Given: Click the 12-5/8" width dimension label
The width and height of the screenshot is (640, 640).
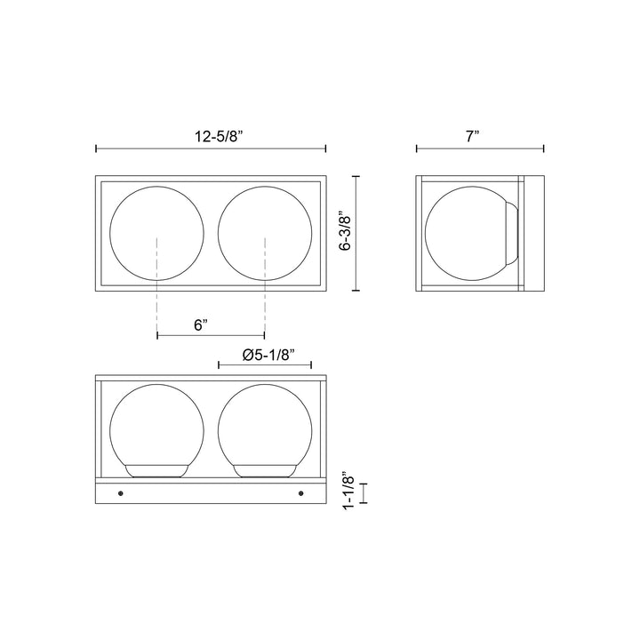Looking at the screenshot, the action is (x=219, y=136).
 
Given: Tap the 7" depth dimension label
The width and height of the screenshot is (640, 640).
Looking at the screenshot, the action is (x=472, y=136).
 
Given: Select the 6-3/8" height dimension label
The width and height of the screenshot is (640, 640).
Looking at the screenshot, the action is (x=346, y=233).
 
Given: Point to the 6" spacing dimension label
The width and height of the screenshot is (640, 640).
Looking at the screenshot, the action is (x=201, y=325).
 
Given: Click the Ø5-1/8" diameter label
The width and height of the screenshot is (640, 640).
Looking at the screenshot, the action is (x=268, y=355).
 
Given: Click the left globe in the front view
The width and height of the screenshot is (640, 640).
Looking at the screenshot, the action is (x=156, y=234).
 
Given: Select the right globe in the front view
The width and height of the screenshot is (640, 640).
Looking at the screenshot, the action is (x=265, y=234).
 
